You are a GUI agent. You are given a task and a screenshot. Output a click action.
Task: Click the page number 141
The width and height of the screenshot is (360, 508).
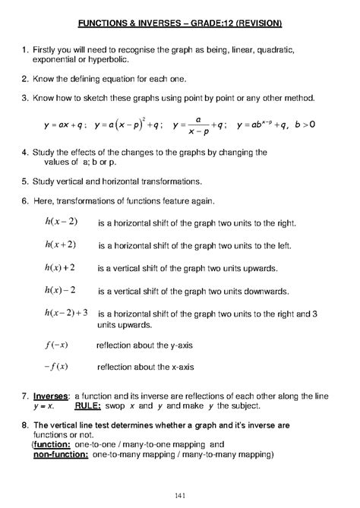180,496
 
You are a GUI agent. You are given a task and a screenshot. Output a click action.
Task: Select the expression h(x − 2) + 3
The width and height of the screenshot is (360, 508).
67,312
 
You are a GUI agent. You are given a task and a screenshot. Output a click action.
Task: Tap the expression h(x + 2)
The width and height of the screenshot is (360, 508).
60,245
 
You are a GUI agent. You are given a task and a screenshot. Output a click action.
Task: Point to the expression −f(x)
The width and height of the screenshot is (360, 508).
56,366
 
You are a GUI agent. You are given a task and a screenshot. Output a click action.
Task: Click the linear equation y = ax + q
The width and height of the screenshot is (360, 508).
66,124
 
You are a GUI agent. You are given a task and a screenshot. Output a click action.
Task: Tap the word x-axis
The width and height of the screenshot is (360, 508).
178,366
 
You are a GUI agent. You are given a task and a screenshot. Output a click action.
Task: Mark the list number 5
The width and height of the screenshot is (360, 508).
24,181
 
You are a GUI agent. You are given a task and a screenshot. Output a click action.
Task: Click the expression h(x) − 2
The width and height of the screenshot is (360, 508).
60,290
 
